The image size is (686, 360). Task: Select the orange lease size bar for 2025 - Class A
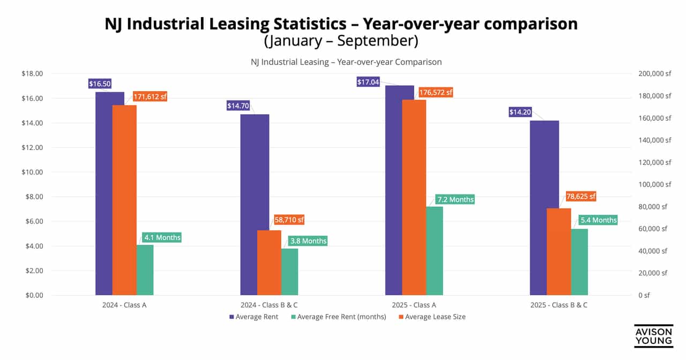point(414,197)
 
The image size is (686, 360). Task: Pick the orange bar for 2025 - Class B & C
point(558,252)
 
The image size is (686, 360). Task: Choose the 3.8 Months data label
point(307,241)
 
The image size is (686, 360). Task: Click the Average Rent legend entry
point(253,317)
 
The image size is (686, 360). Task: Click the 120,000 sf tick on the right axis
point(652,162)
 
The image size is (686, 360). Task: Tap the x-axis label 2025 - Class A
point(414,305)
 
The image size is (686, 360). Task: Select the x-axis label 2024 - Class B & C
point(269,305)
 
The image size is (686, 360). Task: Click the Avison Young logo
point(653,337)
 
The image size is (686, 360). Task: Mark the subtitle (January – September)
point(340,41)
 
